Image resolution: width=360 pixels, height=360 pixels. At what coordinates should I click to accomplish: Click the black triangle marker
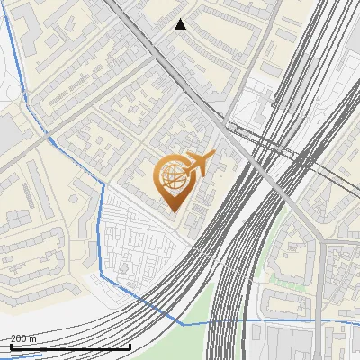(x=181, y=24)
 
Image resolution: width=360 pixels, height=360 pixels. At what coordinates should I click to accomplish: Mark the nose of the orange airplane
(x=214, y=155)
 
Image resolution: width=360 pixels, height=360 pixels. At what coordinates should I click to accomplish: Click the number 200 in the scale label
(x=18, y=338)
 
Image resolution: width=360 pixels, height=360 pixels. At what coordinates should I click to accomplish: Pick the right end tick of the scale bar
(x=130, y=346)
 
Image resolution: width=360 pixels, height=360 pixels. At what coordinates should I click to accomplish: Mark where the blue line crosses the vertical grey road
(x=319, y=319)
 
